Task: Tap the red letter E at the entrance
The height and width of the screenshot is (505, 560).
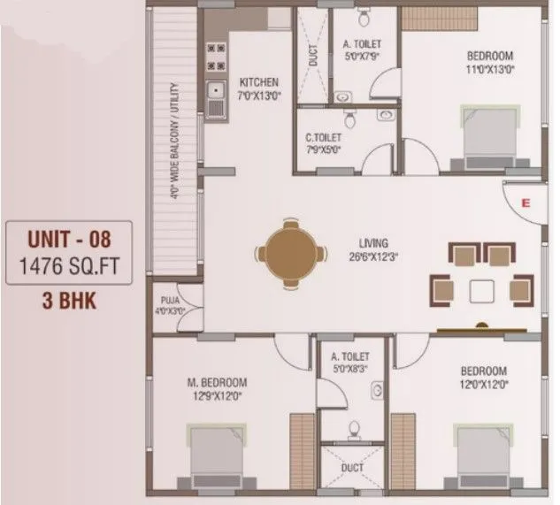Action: [x=525, y=203]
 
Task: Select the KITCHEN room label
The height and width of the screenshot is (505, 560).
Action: [x=258, y=82]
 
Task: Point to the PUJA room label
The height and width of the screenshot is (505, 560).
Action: [x=171, y=300]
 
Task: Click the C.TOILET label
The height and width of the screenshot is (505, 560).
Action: [x=324, y=137]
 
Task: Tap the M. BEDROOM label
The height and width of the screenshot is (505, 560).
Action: [x=217, y=382]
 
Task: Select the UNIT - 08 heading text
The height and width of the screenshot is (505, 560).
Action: [x=70, y=237]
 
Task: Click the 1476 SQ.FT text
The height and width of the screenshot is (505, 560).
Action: [x=70, y=266]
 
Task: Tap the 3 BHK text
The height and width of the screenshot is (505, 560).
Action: [x=70, y=299]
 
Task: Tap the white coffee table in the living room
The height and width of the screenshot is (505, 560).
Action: [x=482, y=290]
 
